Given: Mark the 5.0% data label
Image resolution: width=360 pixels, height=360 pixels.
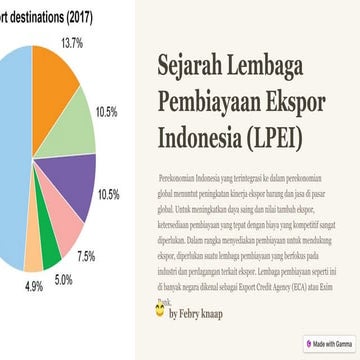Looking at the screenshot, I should click(x=63, y=279).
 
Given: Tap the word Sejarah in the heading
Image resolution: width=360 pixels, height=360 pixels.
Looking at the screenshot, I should click(x=198, y=65).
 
